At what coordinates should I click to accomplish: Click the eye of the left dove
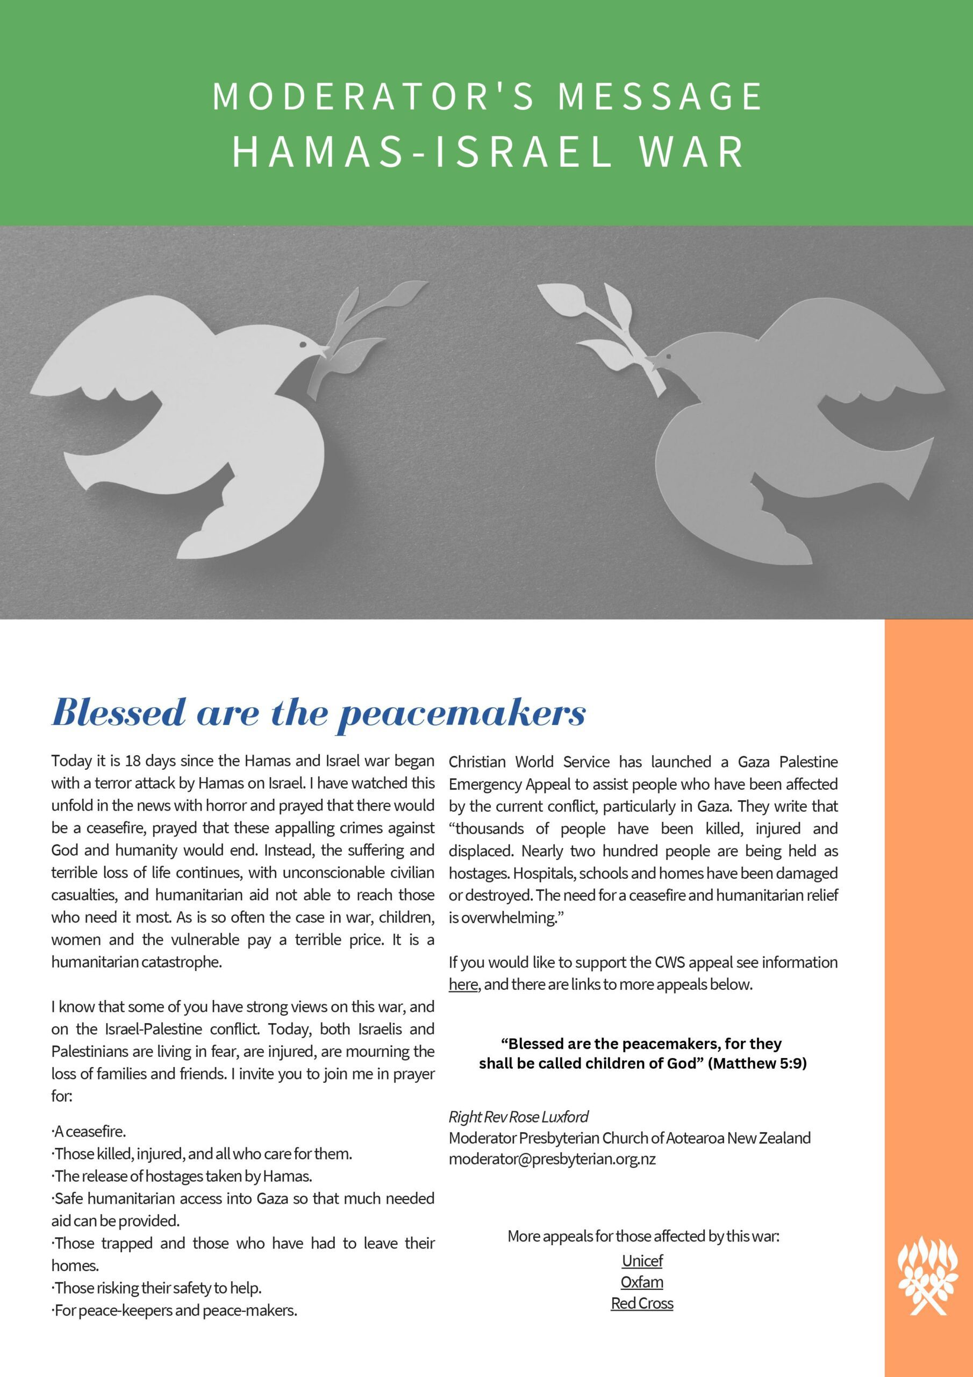[x=302, y=346]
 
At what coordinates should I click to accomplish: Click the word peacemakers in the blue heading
[x=462, y=714]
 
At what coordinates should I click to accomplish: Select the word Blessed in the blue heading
[x=119, y=713]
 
